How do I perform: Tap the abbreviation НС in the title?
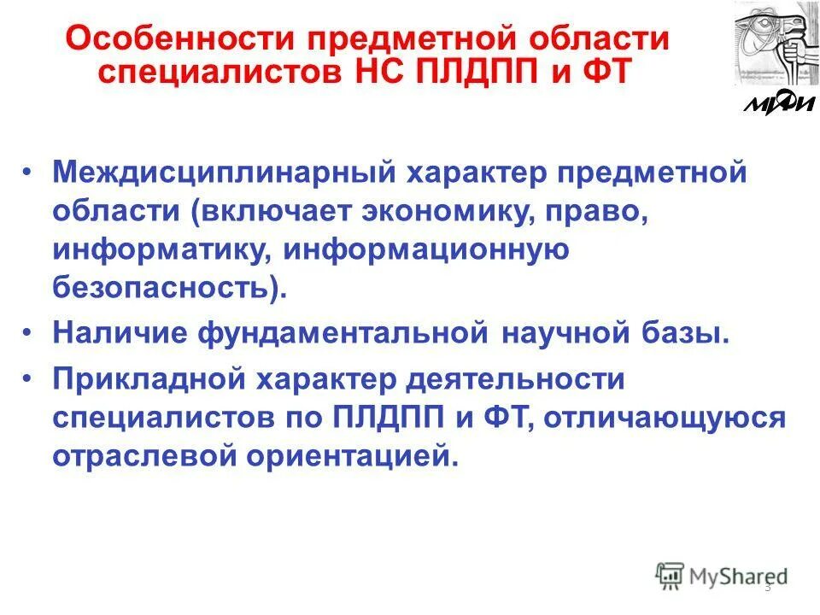pyautogui.click(x=378, y=72)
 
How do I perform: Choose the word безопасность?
pyautogui.click(x=162, y=289)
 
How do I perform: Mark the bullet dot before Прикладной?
pyautogui.click(x=30, y=376)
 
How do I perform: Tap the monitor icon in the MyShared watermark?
pyautogui.click(x=670, y=575)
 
